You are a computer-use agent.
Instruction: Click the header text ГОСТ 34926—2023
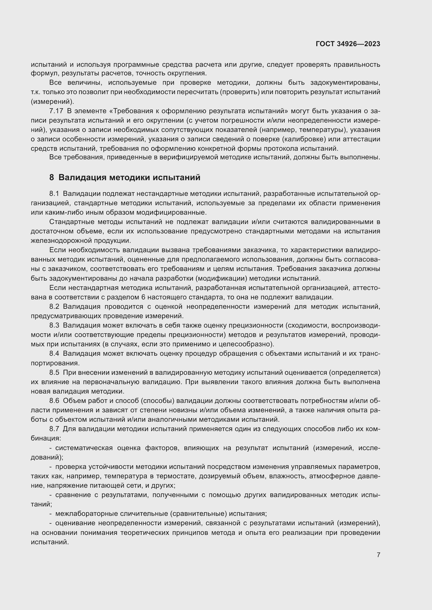point(348,44)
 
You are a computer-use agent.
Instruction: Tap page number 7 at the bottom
point(378,555)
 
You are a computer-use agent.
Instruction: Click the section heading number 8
point(51,178)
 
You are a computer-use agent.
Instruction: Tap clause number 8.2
point(54,307)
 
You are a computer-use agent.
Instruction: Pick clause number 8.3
point(54,325)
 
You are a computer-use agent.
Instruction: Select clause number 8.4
point(54,354)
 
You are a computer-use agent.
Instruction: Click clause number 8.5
point(54,372)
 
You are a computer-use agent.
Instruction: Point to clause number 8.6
point(54,401)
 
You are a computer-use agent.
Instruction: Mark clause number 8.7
point(54,429)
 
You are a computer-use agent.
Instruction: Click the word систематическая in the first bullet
point(84,448)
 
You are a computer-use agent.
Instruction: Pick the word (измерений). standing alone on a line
point(52,102)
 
